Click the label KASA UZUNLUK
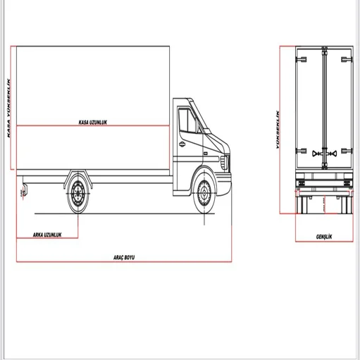tap(93, 122)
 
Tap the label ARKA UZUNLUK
tap(47, 235)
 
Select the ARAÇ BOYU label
tap(124, 257)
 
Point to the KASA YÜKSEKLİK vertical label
tap(8, 108)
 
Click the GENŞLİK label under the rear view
tap(324, 237)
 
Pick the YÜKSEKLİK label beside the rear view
tap(278, 130)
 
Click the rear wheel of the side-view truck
tap(77, 194)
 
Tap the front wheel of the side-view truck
tap(204, 193)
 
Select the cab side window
tap(188, 120)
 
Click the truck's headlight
tap(225, 162)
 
